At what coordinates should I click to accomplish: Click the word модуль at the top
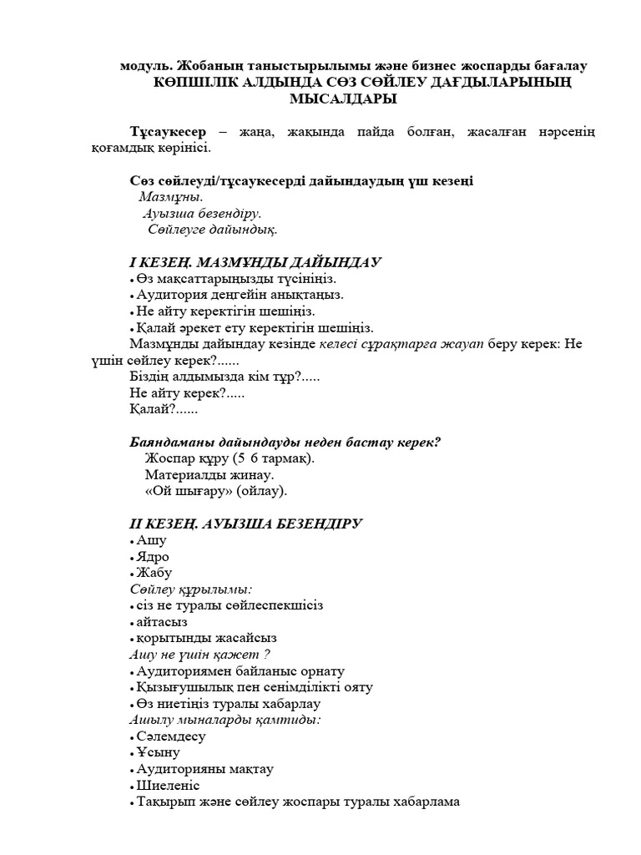pyautogui.click(x=146, y=65)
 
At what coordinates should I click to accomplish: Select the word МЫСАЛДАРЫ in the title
pyautogui.click(x=342, y=99)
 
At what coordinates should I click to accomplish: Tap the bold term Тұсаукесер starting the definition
pyautogui.click(x=170, y=132)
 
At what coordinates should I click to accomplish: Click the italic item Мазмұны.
pyautogui.click(x=170, y=197)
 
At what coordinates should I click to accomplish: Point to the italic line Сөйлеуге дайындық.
pyautogui.click(x=213, y=229)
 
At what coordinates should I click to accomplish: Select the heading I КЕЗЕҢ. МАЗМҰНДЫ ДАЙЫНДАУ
pyautogui.click(x=255, y=262)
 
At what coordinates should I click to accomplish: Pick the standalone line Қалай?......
pyautogui.click(x=164, y=409)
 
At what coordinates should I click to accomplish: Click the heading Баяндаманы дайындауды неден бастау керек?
pyautogui.click(x=285, y=442)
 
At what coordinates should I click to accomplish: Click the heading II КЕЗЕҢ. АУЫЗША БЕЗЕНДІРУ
pyautogui.click(x=245, y=524)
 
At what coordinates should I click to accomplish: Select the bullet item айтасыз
pyautogui.click(x=162, y=622)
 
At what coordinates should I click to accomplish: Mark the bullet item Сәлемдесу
pyautogui.click(x=171, y=736)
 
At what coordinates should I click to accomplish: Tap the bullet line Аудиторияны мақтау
pyautogui.click(x=204, y=769)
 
